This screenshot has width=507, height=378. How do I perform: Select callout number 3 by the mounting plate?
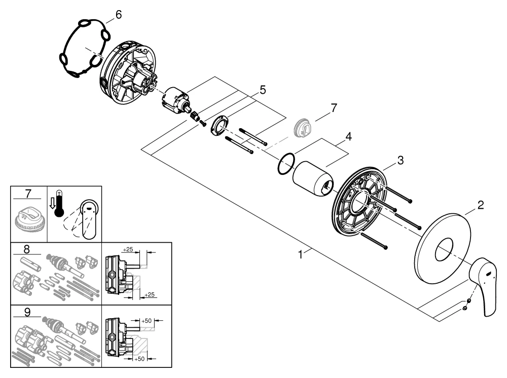point(400,161)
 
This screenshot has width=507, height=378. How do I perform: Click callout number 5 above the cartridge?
point(262,90)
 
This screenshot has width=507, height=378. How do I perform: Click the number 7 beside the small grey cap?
point(333,107)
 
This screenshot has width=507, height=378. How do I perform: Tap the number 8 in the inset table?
point(27,249)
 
